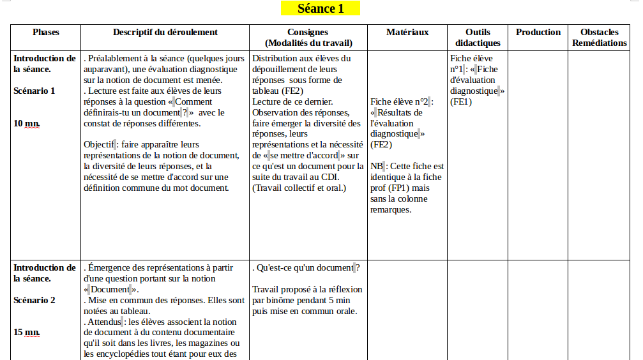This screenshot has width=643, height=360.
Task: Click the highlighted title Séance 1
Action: tap(321, 8)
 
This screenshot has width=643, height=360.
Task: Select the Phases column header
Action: tap(46, 32)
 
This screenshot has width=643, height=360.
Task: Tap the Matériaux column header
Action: tap(407, 32)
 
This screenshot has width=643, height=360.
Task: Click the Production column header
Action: tap(538, 32)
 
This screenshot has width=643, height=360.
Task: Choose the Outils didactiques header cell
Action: tap(478, 38)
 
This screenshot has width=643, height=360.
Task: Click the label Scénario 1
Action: tap(34, 91)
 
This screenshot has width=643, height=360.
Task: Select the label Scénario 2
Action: tap(34, 300)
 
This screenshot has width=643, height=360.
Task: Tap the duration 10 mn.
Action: tap(26, 123)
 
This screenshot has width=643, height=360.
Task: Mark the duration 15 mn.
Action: tap(26, 333)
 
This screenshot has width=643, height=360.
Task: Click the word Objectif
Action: tap(98, 144)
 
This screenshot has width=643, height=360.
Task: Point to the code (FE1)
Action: tap(461, 101)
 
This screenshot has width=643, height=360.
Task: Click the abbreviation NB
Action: tap(376, 167)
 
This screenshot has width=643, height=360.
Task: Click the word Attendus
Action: tap(102, 322)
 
